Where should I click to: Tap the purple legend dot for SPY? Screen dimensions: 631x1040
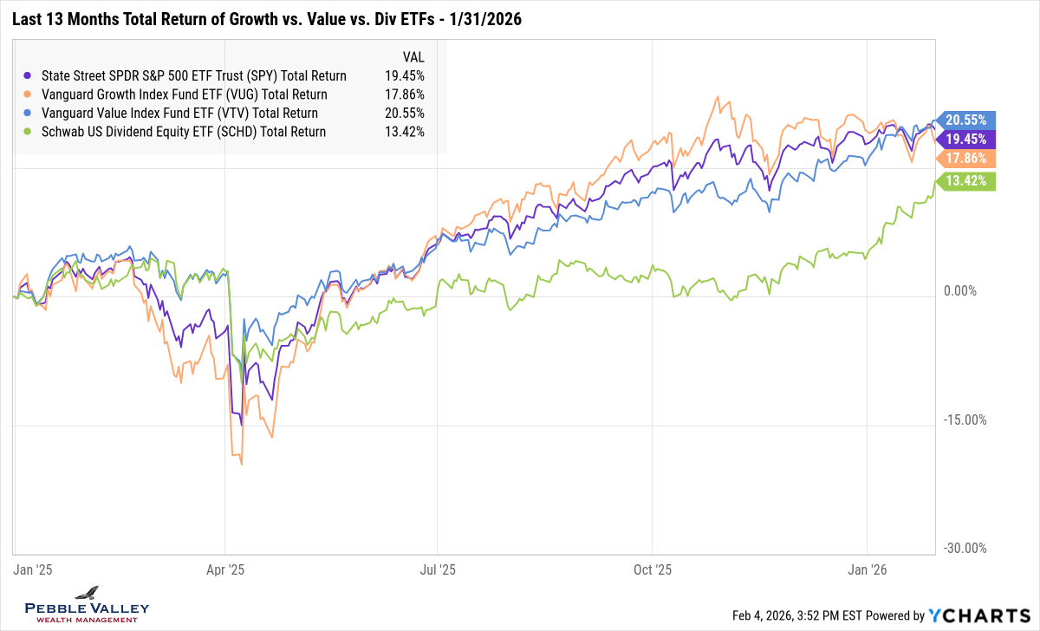[31, 75]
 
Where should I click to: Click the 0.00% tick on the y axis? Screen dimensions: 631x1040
[964, 292]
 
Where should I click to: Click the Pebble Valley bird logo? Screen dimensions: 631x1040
[87, 593]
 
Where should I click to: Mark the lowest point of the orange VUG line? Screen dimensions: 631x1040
[240, 465]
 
